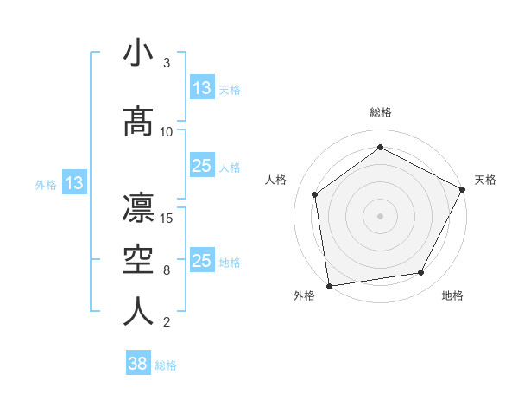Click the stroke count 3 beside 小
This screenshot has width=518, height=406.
167,63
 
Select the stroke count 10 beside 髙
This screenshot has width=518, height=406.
167,132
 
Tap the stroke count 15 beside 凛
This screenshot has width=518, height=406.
167,218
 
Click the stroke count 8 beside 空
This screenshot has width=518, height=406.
167,270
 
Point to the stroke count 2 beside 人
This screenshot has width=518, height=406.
167,322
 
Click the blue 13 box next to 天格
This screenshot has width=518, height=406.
202,88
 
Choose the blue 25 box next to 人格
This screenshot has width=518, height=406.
202,166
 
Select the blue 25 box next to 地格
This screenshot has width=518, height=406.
202,261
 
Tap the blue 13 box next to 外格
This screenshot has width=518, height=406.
73,183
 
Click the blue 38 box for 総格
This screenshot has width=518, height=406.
138,364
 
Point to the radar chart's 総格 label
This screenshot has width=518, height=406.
380,112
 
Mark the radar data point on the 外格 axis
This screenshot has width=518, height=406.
329,285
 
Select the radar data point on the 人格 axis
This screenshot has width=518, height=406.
315,194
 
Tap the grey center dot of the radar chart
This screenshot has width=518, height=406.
380,215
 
